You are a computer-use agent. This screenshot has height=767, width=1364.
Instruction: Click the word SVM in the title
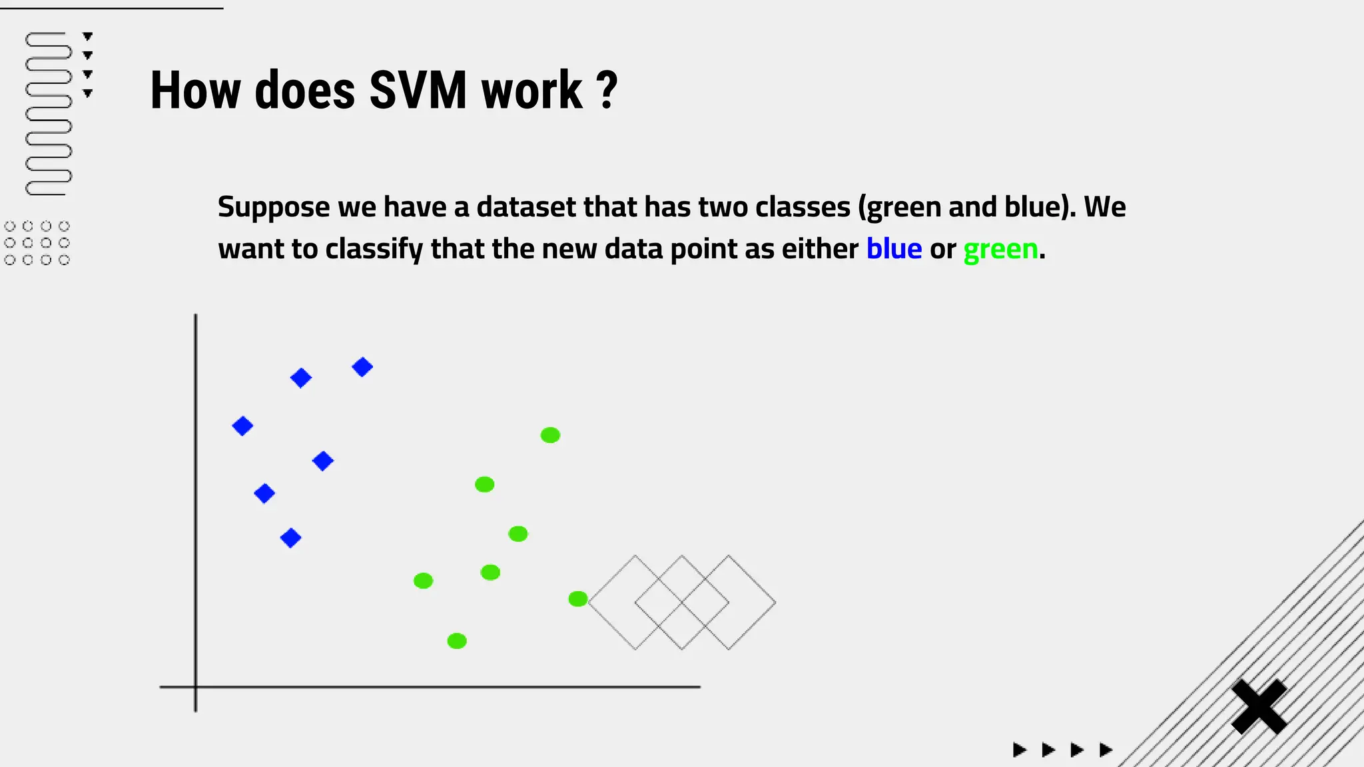point(418,91)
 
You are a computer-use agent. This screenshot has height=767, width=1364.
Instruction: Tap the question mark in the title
point(607,91)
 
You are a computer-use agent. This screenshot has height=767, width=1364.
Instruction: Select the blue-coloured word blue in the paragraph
point(894,249)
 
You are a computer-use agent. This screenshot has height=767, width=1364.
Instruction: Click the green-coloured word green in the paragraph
point(1000,249)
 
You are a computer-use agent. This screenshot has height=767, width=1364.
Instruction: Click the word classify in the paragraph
point(374,249)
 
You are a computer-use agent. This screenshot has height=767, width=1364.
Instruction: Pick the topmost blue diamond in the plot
point(362,367)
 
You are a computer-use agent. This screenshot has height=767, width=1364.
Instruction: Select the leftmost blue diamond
point(242,426)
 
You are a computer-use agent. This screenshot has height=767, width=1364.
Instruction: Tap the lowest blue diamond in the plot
point(290,538)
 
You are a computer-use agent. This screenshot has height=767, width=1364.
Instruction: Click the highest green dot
point(550,435)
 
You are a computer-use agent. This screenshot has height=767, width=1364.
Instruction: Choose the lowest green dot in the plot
point(457,641)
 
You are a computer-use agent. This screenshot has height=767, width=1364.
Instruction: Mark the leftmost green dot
point(423,581)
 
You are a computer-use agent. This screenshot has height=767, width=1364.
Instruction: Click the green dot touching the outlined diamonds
point(577,599)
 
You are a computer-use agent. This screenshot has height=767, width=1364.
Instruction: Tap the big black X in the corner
point(1259,706)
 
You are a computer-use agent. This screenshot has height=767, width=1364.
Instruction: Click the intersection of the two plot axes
point(195,686)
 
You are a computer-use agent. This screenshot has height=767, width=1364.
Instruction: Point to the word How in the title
point(194,91)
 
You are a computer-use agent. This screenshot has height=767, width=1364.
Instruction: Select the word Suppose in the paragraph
point(273,207)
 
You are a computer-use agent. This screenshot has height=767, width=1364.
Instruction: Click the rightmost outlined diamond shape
point(752,603)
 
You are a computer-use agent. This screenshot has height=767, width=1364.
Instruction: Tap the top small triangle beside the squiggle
point(87,36)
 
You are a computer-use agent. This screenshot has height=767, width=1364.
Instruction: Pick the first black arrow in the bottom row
point(1019,750)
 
